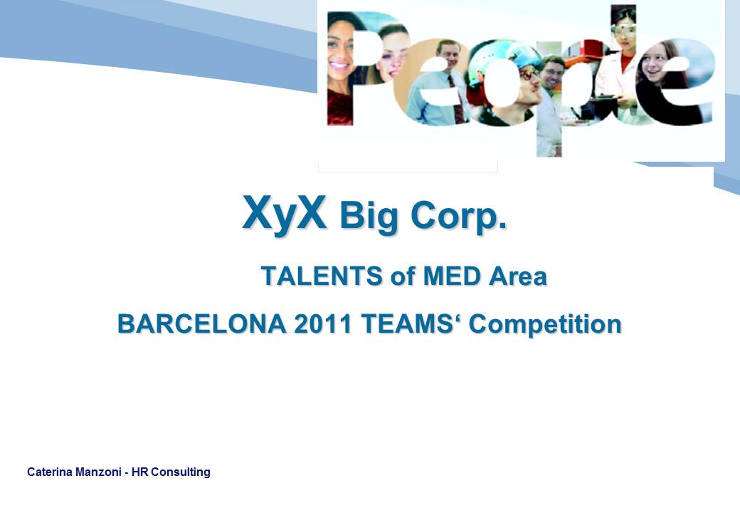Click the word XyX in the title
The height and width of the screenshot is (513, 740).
click(284, 213)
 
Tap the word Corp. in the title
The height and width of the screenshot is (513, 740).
click(459, 217)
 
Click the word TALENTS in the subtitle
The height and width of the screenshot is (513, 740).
click(322, 276)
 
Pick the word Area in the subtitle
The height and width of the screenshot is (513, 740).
click(518, 276)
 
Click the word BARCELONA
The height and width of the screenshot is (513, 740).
click(201, 324)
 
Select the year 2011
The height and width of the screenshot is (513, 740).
click(323, 324)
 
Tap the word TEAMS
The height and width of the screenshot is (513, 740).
click(407, 324)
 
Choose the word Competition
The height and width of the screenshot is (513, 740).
click(545, 325)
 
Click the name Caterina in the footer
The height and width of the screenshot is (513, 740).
click(50, 472)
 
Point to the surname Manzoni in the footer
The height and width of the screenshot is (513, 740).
click(98, 472)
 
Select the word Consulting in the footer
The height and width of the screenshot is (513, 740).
click(181, 472)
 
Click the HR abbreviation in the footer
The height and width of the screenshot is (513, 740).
click(139, 472)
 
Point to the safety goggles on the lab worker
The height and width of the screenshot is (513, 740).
click(623, 30)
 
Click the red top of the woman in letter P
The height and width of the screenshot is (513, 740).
click(340, 108)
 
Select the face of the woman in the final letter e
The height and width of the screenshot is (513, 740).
click(654, 65)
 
